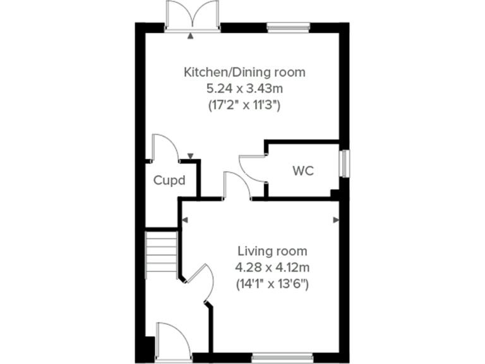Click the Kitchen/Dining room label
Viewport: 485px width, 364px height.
pos(244,72)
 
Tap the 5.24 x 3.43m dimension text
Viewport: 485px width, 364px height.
pos(244,89)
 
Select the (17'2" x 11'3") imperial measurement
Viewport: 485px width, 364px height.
pos(244,106)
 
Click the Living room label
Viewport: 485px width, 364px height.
pos(272,250)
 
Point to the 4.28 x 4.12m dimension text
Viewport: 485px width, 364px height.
pos(272,267)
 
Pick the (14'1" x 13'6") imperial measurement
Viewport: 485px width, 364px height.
pos(272,284)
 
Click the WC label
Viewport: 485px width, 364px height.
pos(303,171)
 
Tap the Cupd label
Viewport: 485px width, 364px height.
pos(170,180)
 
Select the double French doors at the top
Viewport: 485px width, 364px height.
pos(191,16)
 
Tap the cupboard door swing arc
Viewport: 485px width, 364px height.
pos(164,147)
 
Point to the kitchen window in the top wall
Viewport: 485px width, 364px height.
pos(288,27)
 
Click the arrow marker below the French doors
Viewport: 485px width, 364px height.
pos(191,37)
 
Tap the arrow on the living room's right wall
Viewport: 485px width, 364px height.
pos(336,219)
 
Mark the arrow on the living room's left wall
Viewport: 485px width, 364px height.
pos(185,219)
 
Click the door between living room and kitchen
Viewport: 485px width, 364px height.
pos(235,186)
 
